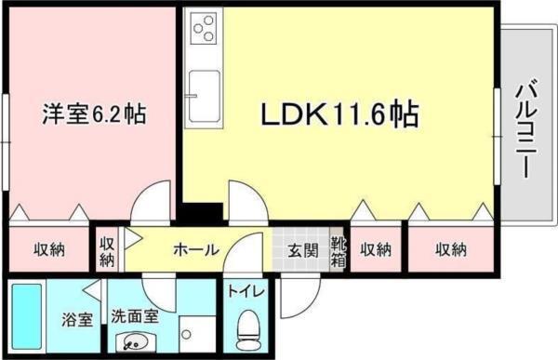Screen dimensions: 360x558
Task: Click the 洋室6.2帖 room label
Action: [x=94, y=116]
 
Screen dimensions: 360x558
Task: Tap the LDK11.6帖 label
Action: [x=338, y=115]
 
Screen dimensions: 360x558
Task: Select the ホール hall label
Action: [x=196, y=249]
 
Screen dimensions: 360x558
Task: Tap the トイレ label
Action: [x=249, y=292]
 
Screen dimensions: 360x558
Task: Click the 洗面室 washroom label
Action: [x=136, y=316]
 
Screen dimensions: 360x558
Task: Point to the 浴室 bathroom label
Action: [x=76, y=320]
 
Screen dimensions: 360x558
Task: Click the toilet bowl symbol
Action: [x=248, y=328]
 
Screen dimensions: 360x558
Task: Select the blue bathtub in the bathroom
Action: [x=28, y=317]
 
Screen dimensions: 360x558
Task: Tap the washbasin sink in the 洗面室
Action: [x=135, y=340]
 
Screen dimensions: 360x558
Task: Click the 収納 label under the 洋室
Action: [x=49, y=249]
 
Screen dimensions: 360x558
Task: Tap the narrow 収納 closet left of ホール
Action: [x=107, y=249]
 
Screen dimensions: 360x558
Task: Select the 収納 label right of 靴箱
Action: [x=376, y=249]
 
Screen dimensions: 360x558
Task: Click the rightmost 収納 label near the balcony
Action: [x=451, y=249]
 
